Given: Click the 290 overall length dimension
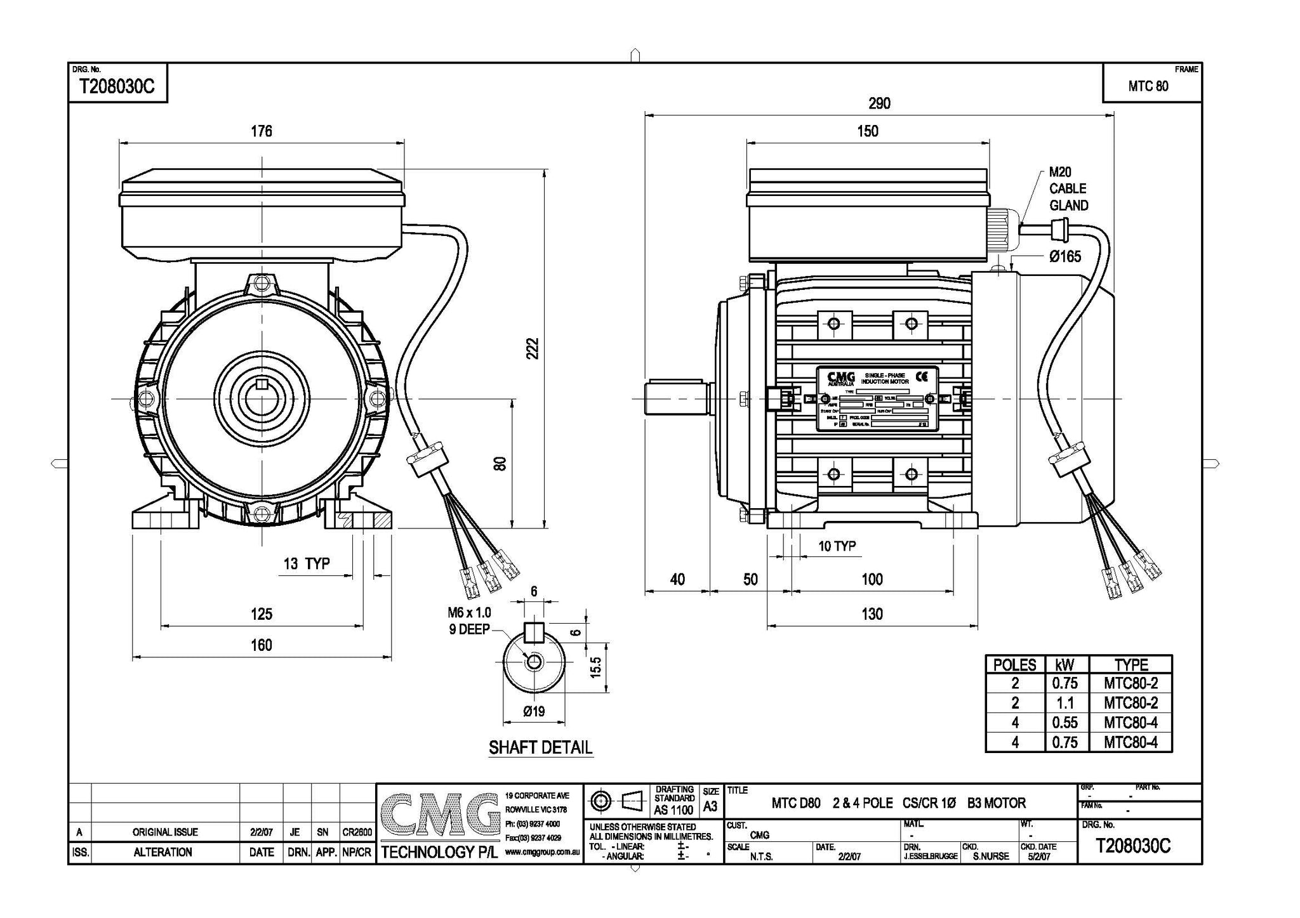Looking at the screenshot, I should tap(879, 103).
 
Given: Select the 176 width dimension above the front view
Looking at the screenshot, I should tap(261, 131).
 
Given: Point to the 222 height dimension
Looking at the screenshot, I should tap(533, 348).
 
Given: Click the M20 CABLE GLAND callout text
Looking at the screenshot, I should tap(1068, 188).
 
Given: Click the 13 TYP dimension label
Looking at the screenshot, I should tap(307, 563).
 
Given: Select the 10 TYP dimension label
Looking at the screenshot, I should tap(837, 546).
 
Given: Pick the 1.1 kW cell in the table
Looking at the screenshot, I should tap(1066, 703).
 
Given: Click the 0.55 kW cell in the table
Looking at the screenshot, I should tap(1065, 723).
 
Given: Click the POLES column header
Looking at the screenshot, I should tap(1014, 665).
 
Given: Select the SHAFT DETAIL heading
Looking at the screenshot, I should tap(540, 747).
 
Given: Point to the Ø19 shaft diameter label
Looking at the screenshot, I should tap(534, 711).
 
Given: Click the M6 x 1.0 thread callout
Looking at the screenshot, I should tap(469, 613).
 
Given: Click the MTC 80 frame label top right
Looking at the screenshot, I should tap(1148, 86).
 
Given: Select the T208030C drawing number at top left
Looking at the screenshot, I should tap(116, 87).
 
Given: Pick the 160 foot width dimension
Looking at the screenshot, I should tap(261, 645).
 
